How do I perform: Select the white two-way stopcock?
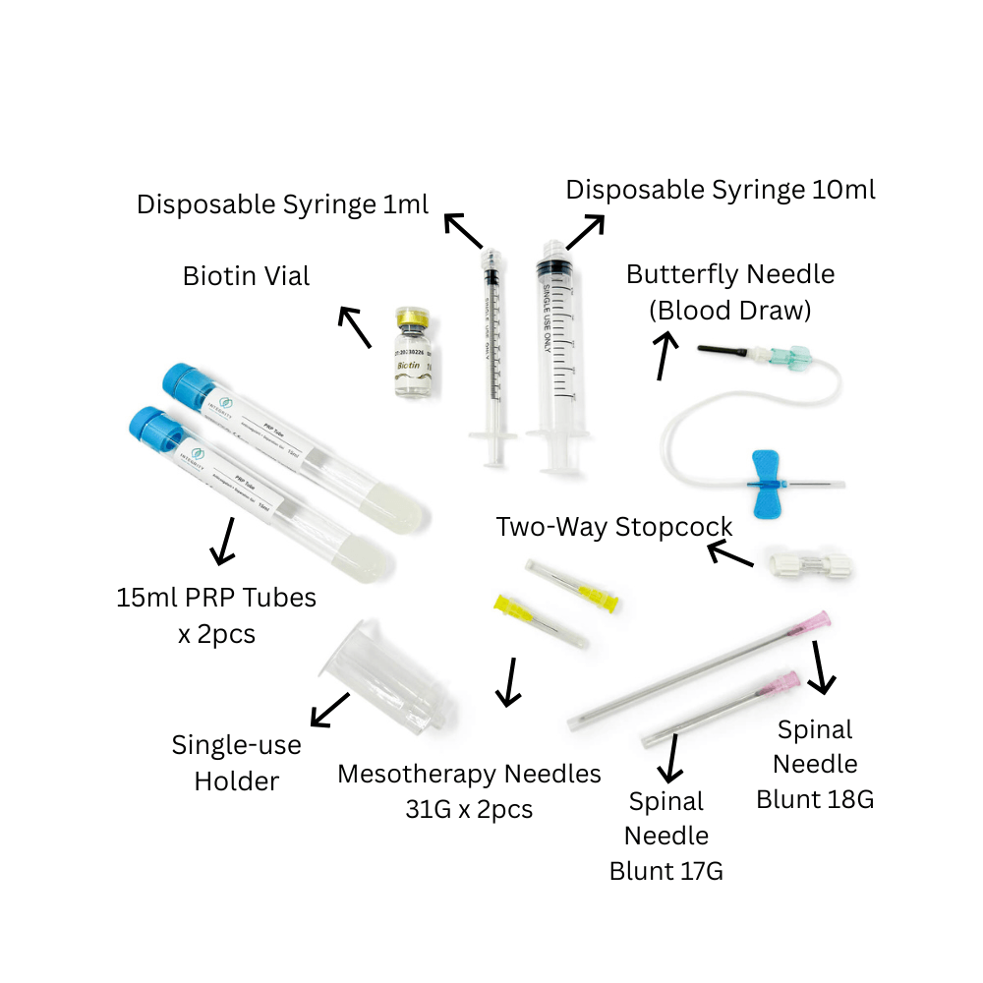coord(809,564)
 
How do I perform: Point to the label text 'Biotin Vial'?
coord(246,276)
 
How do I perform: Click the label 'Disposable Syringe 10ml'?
coord(721,190)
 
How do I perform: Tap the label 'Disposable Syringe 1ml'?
coord(283,204)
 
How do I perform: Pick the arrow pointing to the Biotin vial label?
coord(354,327)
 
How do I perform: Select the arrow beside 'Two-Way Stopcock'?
coord(730,556)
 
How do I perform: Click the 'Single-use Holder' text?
coord(237,763)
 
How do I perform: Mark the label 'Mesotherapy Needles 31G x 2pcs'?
coord(469,791)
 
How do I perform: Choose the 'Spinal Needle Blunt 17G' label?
coord(666,836)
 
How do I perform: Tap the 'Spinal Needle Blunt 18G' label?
coord(815,764)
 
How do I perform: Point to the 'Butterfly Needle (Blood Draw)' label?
coord(730,292)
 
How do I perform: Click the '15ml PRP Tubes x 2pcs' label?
coord(216,614)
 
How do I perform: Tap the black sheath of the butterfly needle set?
coord(723,349)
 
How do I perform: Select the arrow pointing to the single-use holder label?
coord(329,710)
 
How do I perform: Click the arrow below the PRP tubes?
coord(224,540)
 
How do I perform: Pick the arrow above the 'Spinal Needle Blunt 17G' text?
coord(673,756)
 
